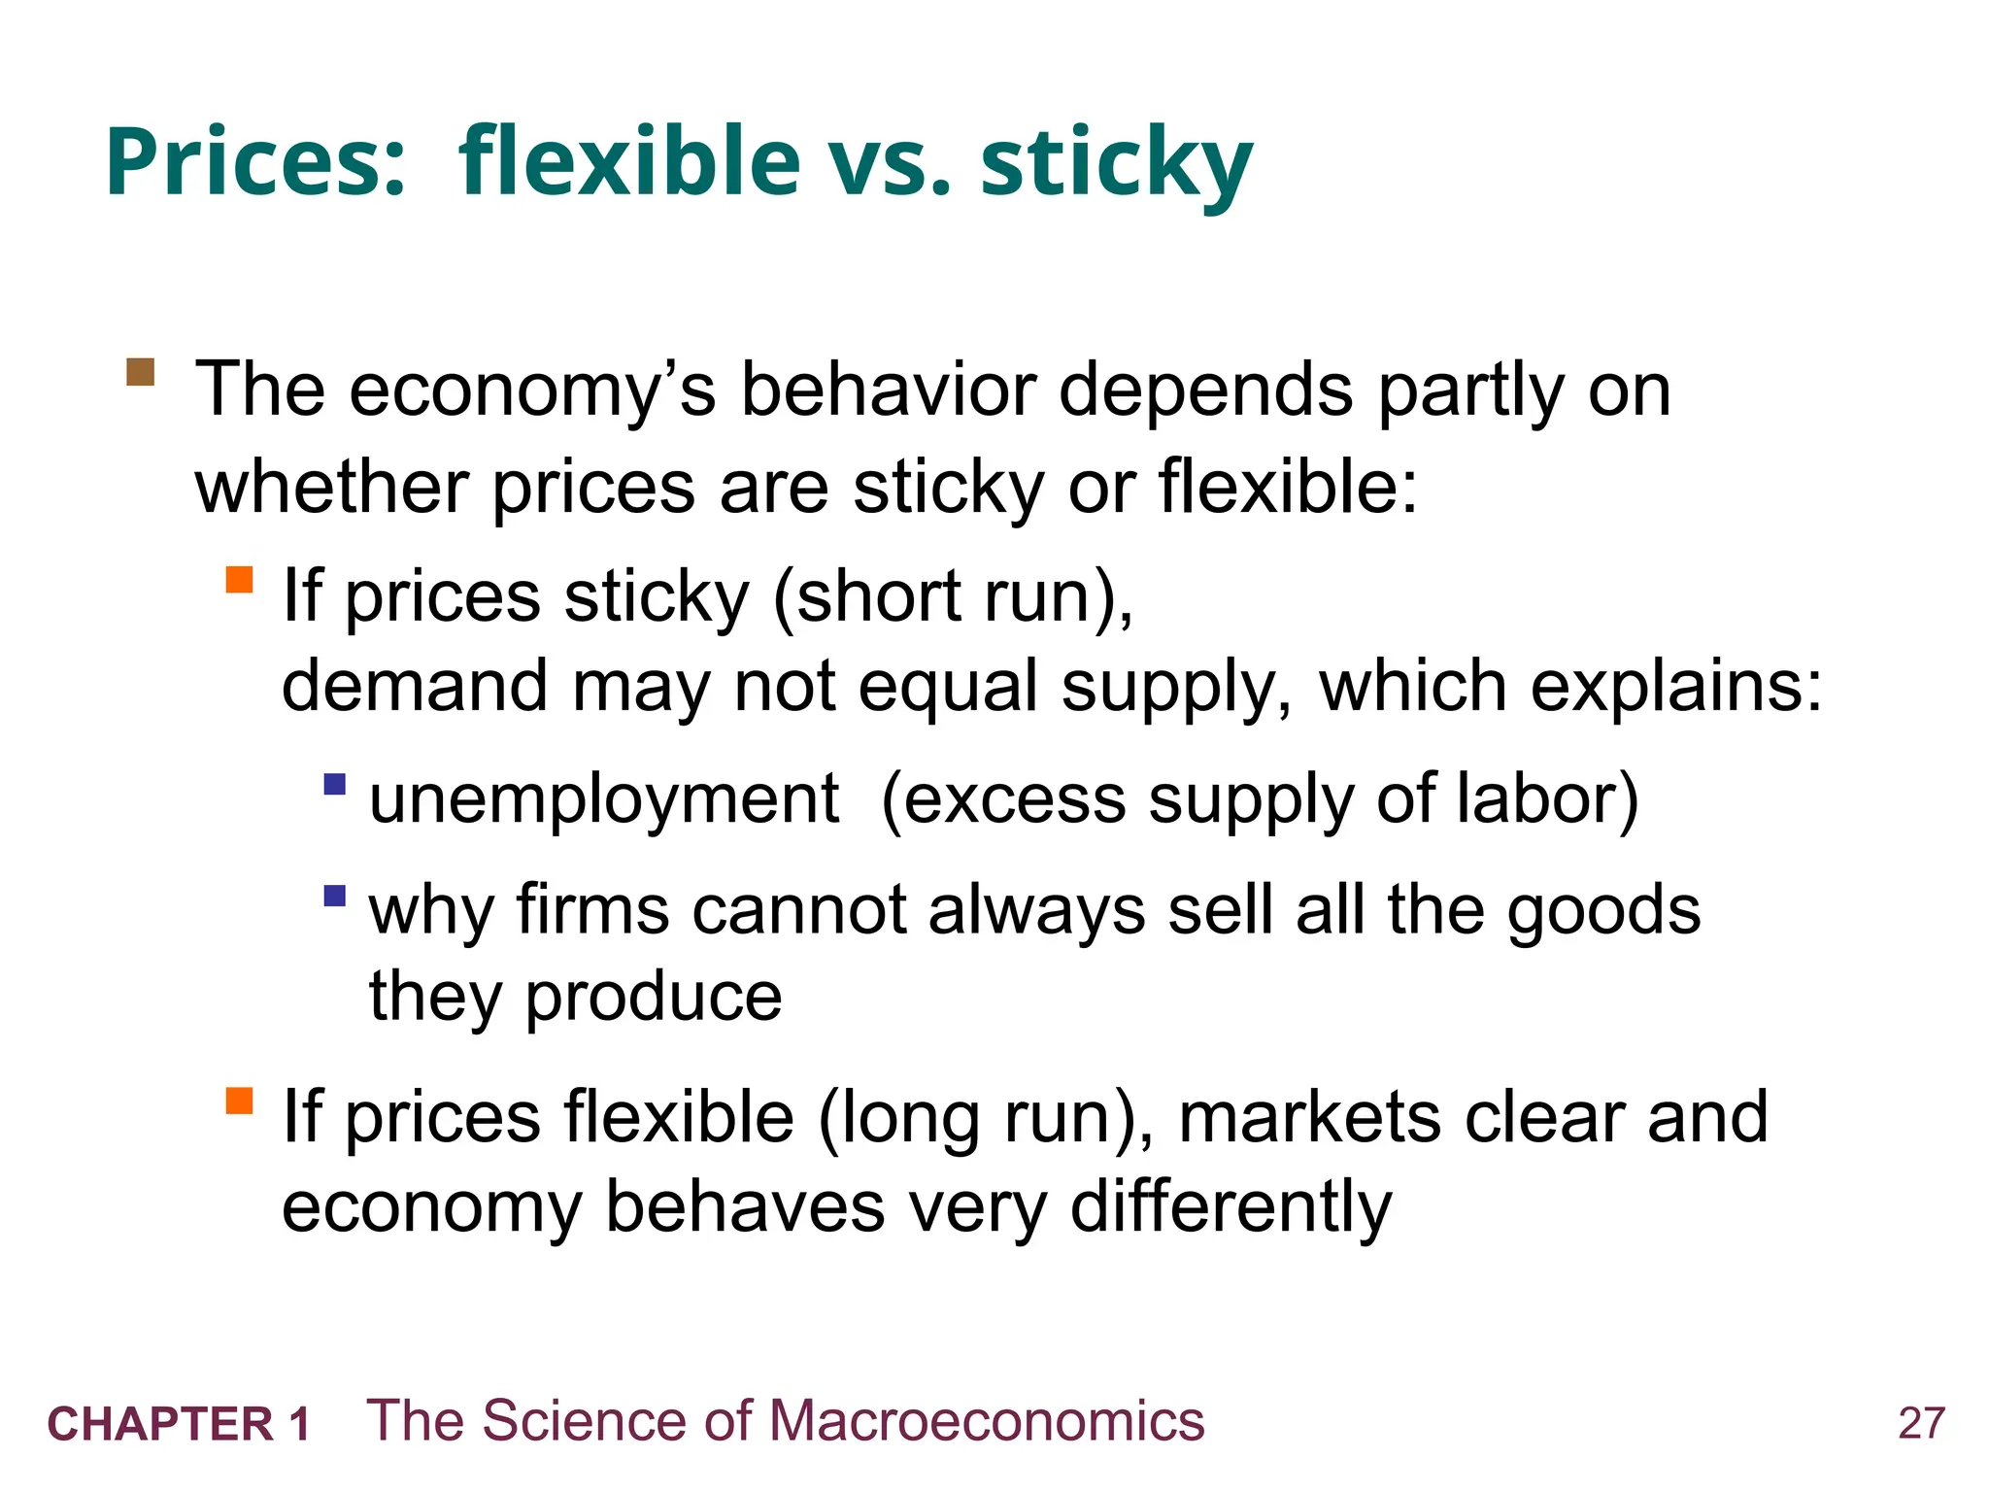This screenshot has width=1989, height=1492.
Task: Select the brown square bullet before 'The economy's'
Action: [x=141, y=372]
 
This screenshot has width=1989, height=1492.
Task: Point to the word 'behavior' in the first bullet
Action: [x=889, y=390]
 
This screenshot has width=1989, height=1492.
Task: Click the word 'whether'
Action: [x=331, y=487]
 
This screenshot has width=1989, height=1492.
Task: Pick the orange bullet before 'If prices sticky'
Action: [x=239, y=580]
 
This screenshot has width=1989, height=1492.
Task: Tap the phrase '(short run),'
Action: [x=953, y=596]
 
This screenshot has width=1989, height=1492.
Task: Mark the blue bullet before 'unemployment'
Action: [x=335, y=784]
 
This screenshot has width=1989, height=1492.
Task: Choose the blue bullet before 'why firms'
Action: [x=335, y=895]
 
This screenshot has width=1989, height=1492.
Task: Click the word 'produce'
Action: [x=653, y=998]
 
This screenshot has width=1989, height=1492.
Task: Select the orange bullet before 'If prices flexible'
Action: [x=239, y=1101]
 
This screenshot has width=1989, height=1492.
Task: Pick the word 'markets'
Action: [x=1310, y=1117]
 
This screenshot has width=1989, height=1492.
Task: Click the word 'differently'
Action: [x=1230, y=1207]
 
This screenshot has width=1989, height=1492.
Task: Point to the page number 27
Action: [x=1921, y=1424]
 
